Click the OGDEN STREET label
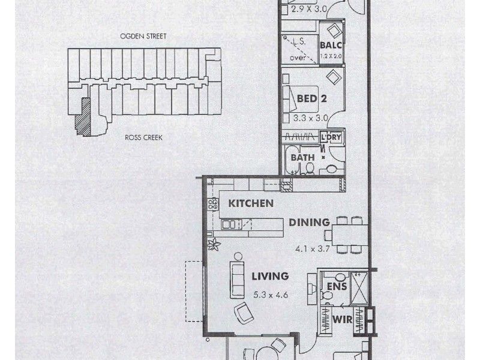(x=142, y=37)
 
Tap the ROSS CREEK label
(x=143, y=137)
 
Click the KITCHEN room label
(x=251, y=203)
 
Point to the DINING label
(x=309, y=223)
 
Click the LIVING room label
(x=270, y=277)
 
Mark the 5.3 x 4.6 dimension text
(x=270, y=295)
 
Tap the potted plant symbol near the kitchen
(x=212, y=244)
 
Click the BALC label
(x=330, y=46)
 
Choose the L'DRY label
(x=331, y=137)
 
